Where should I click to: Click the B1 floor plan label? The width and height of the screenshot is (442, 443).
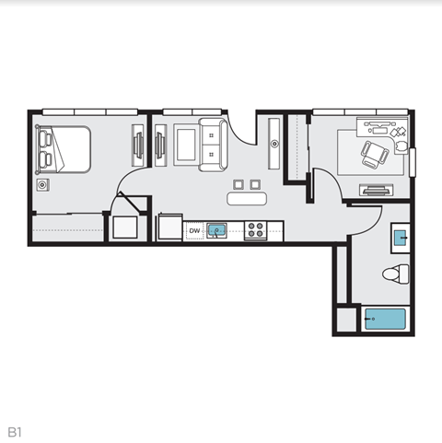point(15,430)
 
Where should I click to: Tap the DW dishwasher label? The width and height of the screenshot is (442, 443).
point(194,230)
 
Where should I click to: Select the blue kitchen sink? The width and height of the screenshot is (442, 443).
point(217,230)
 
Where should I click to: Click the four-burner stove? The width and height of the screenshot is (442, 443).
point(256,230)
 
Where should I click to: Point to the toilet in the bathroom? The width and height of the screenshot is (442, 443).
point(396,274)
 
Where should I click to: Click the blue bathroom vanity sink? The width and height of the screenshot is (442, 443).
point(401,238)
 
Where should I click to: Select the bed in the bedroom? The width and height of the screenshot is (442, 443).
point(62,150)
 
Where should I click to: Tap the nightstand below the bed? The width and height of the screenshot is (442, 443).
point(41,185)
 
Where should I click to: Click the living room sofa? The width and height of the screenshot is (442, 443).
point(213,144)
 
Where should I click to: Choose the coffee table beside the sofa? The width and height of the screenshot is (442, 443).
point(185,145)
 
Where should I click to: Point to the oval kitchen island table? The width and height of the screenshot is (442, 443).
point(247,197)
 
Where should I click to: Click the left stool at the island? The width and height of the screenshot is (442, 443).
point(239,182)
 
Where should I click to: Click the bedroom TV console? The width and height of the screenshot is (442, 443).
point(138,145)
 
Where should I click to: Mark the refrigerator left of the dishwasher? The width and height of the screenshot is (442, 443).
point(171,227)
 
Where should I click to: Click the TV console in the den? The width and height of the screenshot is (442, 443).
point(376,192)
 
